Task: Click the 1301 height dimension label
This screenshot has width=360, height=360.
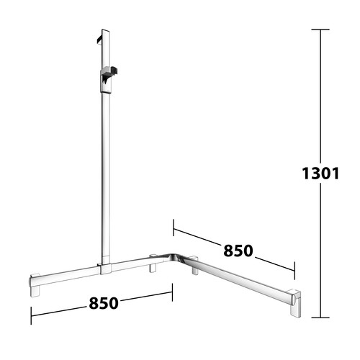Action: pyautogui.click(x=320, y=174)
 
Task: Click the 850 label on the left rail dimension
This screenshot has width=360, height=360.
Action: pyautogui.click(x=104, y=303)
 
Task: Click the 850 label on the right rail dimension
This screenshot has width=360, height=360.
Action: pyautogui.click(x=238, y=251)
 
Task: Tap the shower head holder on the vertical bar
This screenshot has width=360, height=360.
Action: pyautogui.click(x=108, y=80)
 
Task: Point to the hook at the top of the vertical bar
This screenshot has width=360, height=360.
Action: pyautogui.click(x=99, y=40)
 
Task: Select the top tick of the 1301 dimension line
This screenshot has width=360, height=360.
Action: pyautogui.click(x=320, y=30)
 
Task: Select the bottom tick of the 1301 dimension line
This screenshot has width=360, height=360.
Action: pyautogui.click(x=320, y=318)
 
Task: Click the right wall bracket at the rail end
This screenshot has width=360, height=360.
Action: pyautogui.click(x=295, y=303)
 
